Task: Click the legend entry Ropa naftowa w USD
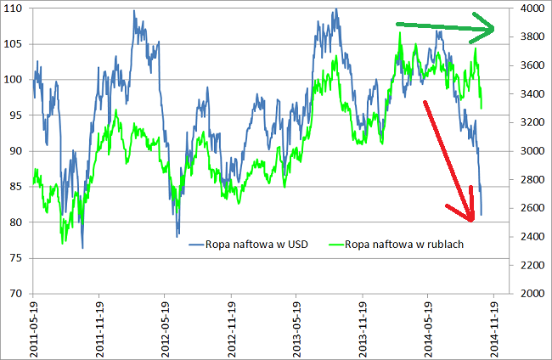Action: pos(245,245)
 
